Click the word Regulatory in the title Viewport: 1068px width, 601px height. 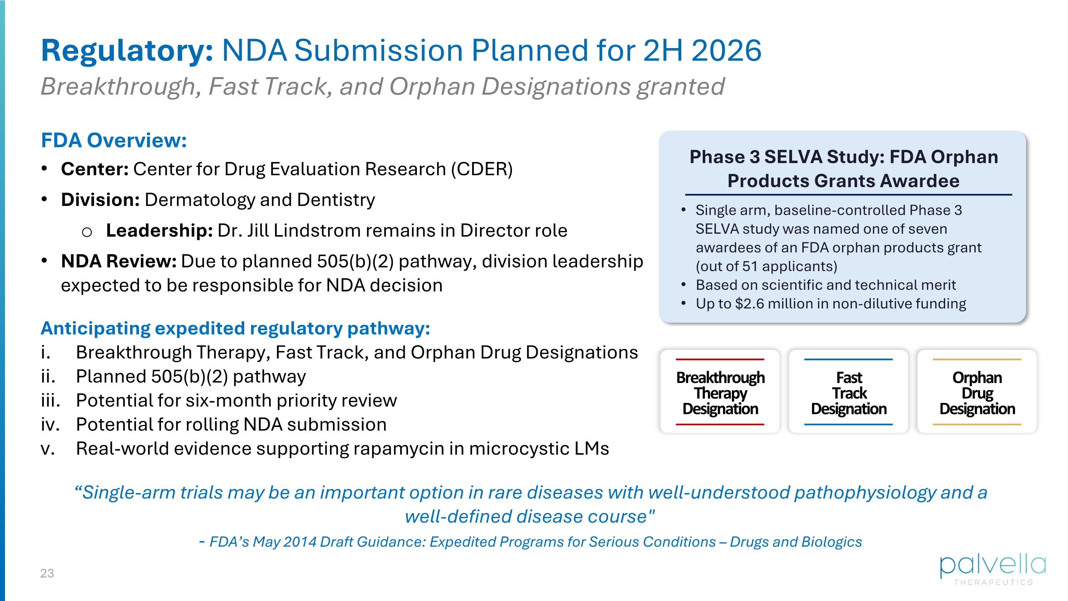pyautogui.click(x=127, y=51)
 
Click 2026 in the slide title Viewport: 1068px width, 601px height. pyautogui.click(x=726, y=51)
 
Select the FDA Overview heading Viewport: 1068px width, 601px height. pyautogui.click(x=114, y=140)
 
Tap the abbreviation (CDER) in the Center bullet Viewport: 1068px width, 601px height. pyautogui.click(x=482, y=169)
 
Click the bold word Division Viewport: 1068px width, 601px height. pyautogui.click(x=100, y=200)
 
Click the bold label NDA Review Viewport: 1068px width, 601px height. pyautogui.click(x=119, y=261)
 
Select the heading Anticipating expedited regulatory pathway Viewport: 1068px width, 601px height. pyautogui.click(x=235, y=328)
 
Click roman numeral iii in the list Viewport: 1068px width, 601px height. pyautogui.click(x=51, y=401)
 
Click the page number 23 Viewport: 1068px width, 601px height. pyautogui.click(x=47, y=573)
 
